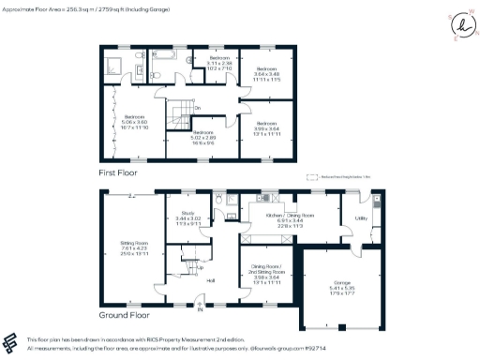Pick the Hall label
tap(211, 280)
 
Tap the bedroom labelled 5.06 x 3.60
tap(129, 121)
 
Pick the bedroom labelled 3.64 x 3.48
tap(267, 72)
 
